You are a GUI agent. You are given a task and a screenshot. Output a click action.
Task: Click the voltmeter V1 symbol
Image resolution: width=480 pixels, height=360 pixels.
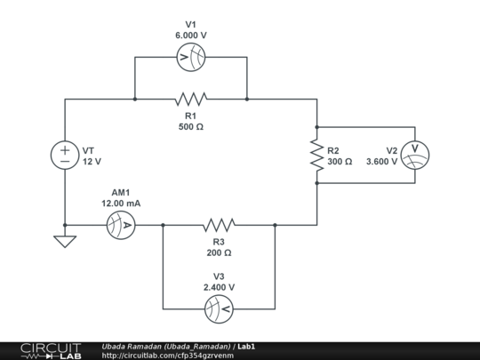point(190,59)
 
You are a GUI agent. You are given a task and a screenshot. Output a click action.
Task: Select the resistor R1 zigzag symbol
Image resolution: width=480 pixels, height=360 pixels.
point(190,98)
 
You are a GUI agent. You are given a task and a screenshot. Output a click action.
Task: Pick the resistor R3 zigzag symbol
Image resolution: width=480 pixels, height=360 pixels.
point(219,225)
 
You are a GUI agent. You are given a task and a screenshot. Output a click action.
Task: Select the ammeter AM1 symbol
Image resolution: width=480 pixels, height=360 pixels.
point(125,226)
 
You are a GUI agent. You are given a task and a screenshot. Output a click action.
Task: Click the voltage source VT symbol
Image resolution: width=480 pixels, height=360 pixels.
point(65,156)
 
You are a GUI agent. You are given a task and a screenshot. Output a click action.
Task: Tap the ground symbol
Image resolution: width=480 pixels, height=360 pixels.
point(65,241)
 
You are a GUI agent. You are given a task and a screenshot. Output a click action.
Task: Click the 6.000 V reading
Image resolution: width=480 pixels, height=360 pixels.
point(190,36)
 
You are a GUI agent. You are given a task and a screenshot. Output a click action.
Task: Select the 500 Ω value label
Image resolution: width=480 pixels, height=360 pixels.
point(190,127)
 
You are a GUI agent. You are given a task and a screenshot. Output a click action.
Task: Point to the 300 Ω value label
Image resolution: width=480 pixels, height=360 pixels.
point(340,162)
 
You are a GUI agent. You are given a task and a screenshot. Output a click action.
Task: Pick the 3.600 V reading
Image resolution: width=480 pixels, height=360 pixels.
point(381,162)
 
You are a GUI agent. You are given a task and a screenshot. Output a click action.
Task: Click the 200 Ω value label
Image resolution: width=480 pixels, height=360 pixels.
point(219,252)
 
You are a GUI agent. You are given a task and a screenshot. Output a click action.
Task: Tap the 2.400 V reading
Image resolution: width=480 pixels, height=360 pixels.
point(219,287)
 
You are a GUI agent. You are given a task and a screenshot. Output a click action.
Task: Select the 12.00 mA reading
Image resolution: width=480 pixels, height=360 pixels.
point(121,204)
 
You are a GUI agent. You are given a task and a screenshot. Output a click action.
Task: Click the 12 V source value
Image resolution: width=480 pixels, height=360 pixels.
point(92,162)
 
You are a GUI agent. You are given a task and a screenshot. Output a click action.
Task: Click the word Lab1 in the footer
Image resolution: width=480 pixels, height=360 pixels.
point(247,345)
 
